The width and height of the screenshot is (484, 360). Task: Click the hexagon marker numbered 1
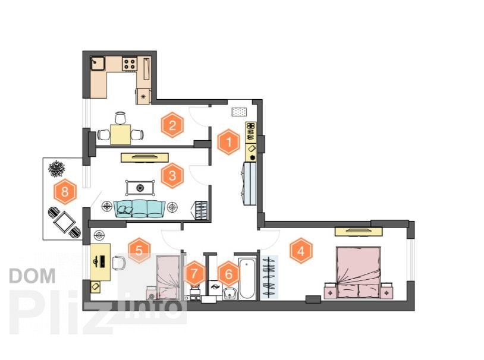[229, 142]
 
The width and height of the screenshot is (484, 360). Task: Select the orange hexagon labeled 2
[172, 125]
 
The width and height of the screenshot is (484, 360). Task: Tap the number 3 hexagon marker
[172, 176]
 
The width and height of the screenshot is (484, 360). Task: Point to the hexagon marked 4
[301, 251]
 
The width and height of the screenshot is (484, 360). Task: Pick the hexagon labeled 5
[139, 251]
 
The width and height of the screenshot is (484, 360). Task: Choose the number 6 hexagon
[229, 274]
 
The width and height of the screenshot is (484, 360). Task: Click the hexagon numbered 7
[194, 273]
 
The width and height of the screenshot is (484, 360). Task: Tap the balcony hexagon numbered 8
[65, 191]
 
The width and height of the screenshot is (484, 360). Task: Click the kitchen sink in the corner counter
[98, 64]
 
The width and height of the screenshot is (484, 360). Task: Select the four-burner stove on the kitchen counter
[130, 64]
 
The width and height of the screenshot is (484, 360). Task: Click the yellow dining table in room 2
[120, 134]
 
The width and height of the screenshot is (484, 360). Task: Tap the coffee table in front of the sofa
[140, 188]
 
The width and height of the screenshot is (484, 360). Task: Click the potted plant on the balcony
[56, 169]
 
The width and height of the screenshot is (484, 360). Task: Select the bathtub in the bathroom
[247, 278]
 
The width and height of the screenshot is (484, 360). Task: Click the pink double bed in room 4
[358, 272]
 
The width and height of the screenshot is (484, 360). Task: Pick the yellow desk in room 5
[100, 262]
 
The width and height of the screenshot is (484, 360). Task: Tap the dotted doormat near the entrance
[239, 112]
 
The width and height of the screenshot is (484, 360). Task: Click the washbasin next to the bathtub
[230, 293]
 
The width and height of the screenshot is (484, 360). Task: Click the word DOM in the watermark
[33, 276]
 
